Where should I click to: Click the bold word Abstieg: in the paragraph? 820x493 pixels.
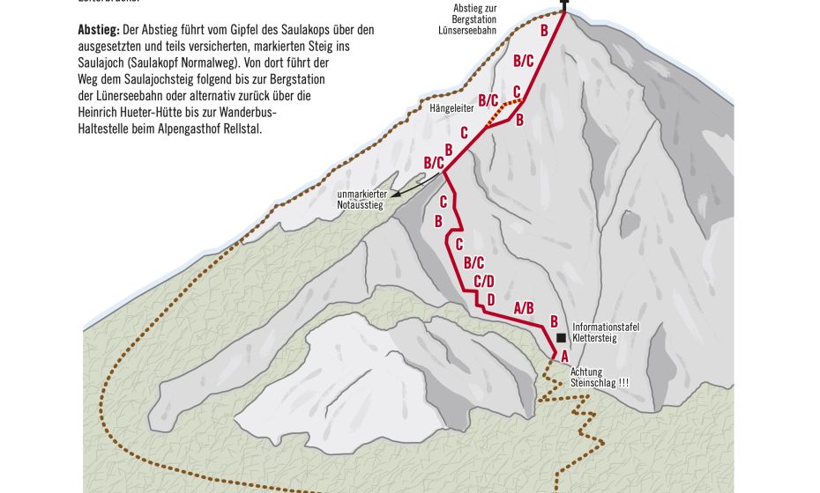click(x=98, y=29)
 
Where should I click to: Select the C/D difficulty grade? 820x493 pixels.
click(x=483, y=282)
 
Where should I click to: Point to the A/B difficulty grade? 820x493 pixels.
click(x=524, y=307)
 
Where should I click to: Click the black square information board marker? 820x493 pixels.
click(x=561, y=337)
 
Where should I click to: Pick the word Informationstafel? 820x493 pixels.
click(x=606, y=327)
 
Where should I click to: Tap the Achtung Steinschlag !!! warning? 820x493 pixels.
click(x=600, y=378)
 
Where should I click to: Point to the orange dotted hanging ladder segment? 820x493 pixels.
click(x=501, y=111)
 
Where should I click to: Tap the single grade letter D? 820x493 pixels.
click(x=490, y=299)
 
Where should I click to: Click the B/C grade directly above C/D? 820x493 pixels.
click(x=473, y=262)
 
